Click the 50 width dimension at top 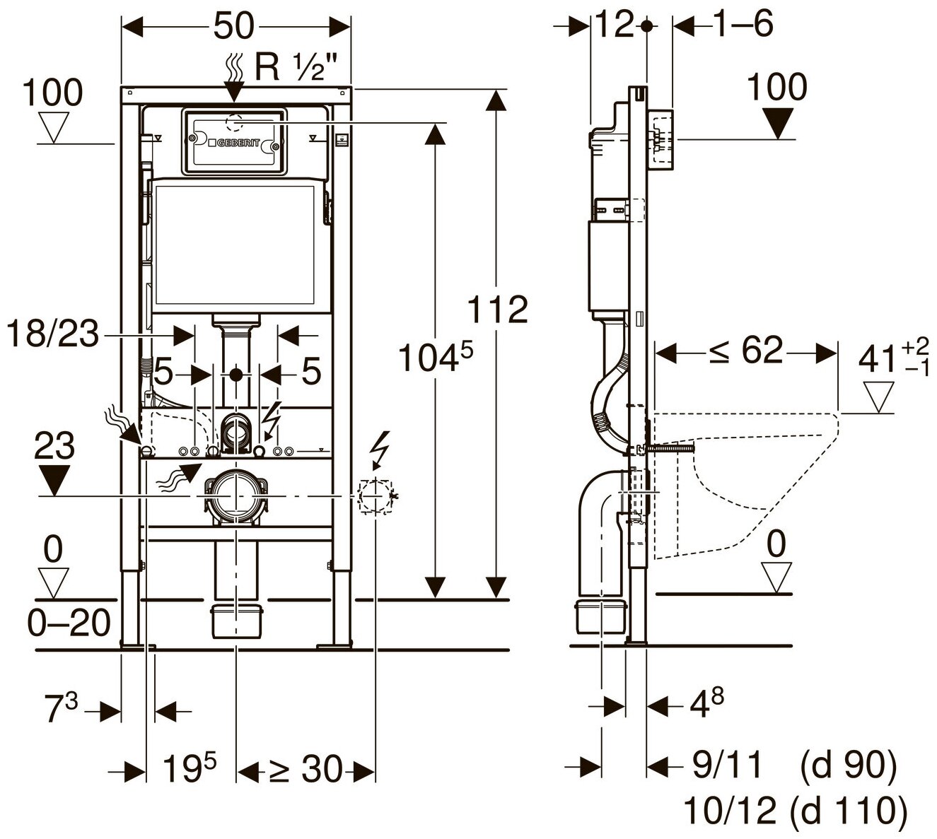pos(234,26)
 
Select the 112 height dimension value pos(498,309)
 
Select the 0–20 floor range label pos(69,623)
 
